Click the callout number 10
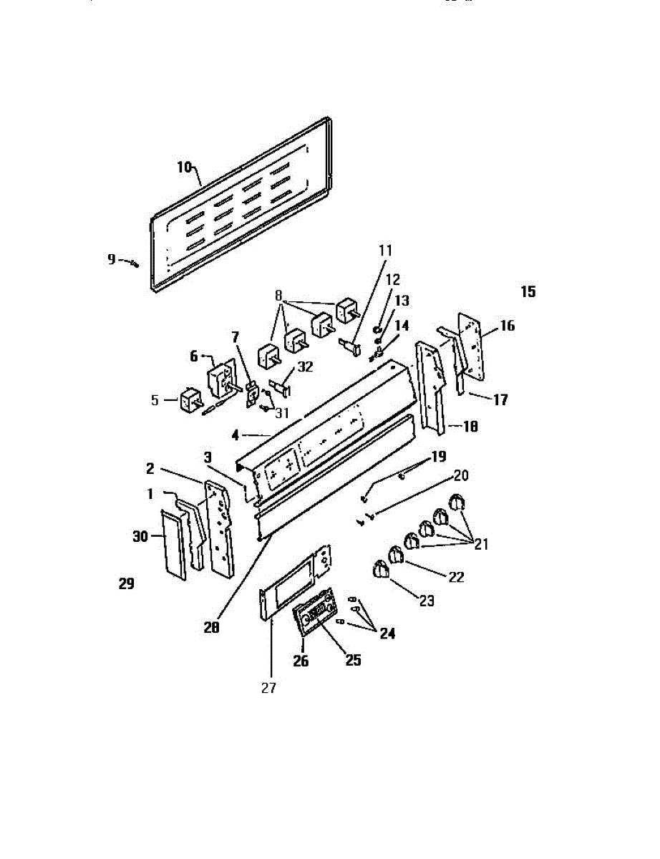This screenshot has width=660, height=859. pyautogui.click(x=184, y=167)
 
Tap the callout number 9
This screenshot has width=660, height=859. pyautogui.click(x=112, y=259)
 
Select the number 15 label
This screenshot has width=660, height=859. pyautogui.click(x=528, y=292)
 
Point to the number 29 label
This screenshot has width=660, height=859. pyautogui.click(x=126, y=584)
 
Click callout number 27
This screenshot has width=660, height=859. pyautogui.click(x=269, y=689)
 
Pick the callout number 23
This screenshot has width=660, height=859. pyautogui.click(x=427, y=601)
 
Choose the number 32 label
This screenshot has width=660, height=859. pyautogui.click(x=305, y=367)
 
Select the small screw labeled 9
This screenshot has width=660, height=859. pyautogui.click(x=134, y=263)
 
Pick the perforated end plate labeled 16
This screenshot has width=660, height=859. pyautogui.click(x=470, y=345)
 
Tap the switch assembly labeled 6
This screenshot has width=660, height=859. pyautogui.click(x=222, y=377)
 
